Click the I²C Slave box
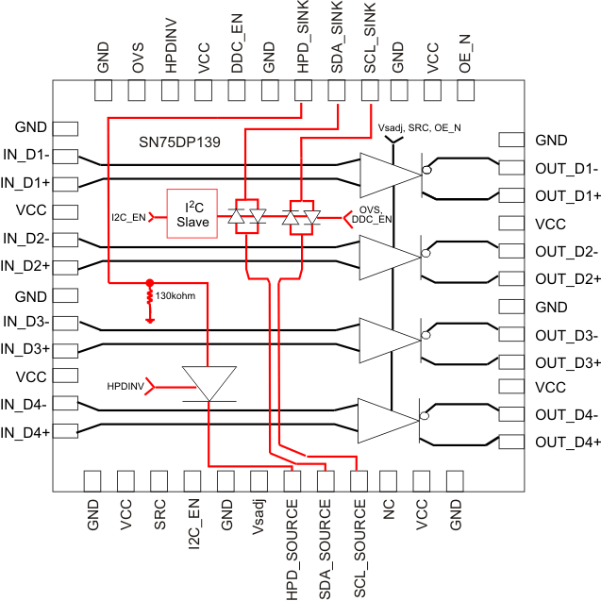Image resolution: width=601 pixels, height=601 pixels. (192, 214)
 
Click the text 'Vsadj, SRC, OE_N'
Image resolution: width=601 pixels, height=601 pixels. (420, 127)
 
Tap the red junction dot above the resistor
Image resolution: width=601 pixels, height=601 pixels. (149, 282)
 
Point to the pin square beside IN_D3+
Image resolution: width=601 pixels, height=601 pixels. (65, 349)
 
